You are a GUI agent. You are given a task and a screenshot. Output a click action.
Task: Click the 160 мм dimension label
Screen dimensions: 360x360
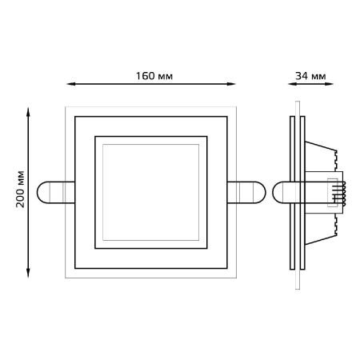coord(154,76)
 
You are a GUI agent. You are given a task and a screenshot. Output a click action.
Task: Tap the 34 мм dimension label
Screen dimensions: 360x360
coord(310,76)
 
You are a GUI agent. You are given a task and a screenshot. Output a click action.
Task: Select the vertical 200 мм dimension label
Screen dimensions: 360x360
coord(20,189)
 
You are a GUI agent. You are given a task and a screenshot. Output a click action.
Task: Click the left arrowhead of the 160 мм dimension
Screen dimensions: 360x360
coord(70,84)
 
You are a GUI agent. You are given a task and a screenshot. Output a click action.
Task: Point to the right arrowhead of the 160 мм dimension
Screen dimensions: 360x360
coord(231,84)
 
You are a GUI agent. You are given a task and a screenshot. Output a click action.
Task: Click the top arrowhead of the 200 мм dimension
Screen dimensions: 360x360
coord(28,111)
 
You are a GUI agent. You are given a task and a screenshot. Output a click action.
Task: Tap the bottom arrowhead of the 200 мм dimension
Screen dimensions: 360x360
coord(28,274)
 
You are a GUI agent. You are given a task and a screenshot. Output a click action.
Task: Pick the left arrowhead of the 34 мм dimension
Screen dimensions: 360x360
coord(292,84)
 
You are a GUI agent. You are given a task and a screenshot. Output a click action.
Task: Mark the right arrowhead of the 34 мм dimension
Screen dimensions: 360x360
coord(330,84)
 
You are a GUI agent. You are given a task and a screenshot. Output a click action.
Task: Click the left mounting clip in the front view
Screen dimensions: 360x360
coord(55,192)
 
